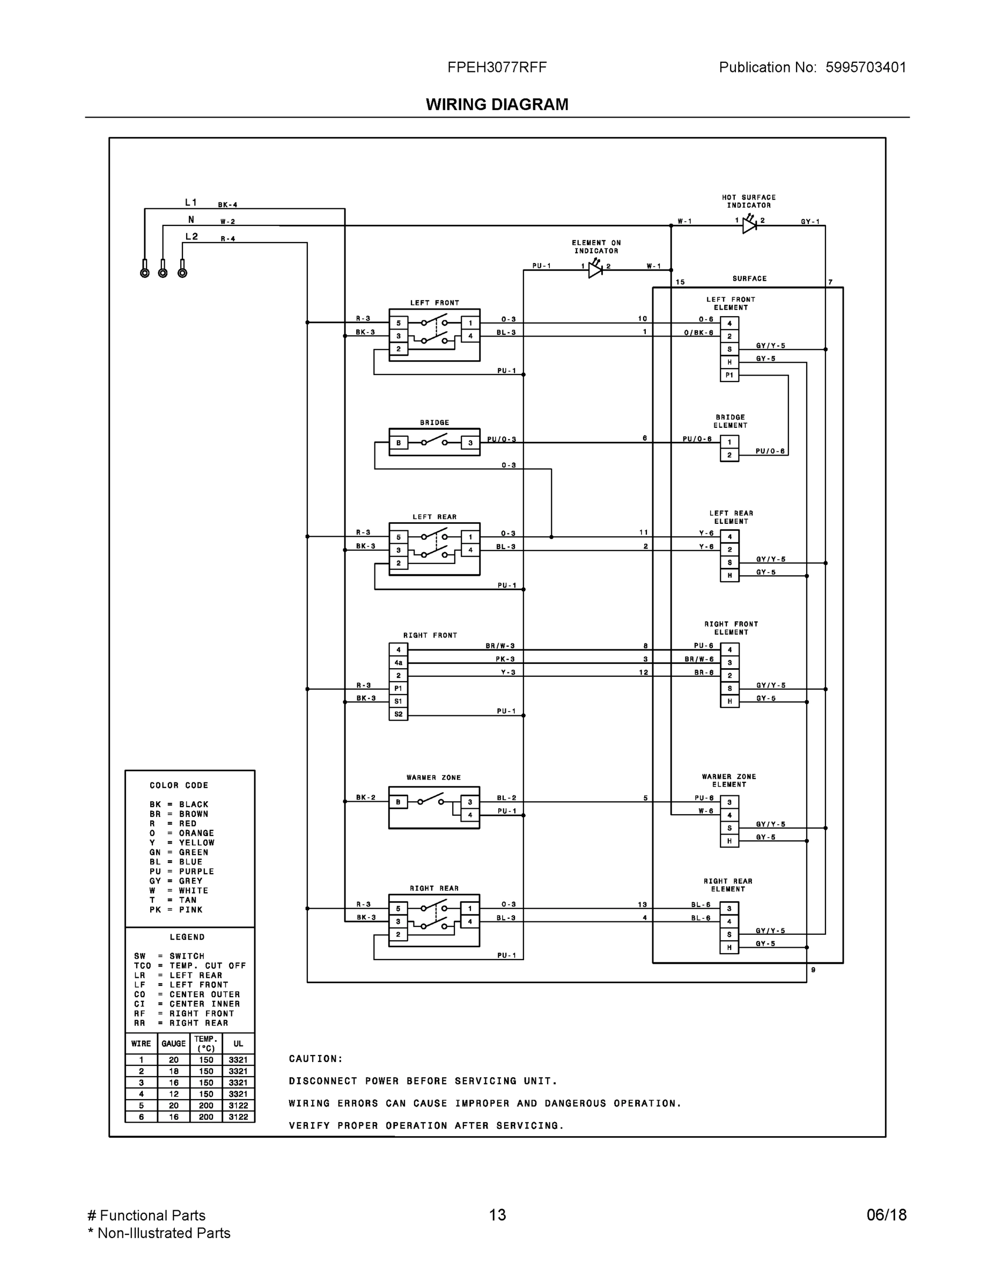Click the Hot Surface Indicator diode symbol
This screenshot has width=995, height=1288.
click(x=749, y=225)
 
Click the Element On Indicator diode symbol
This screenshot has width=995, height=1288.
click(x=595, y=270)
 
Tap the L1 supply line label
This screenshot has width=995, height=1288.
click(x=191, y=202)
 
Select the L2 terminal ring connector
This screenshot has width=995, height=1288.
click(x=182, y=273)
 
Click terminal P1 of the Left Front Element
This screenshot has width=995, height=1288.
click(x=729, y=375)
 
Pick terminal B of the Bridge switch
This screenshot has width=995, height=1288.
click(x=399, y=443)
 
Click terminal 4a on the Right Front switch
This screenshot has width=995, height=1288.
click(x=399, y=663)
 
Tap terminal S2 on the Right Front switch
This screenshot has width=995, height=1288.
click(x=399, y=714)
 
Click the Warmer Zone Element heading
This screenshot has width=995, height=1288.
click(x=728, y=780)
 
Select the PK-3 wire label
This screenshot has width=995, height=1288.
click(x=505, y=658)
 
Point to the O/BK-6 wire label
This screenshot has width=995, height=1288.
click(x=698, y=333)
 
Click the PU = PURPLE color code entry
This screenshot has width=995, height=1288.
click(x=181, y=871)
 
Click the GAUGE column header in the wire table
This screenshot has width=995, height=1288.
click(x=173, y=1043)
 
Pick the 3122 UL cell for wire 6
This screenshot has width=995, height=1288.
click(x=238, y=1116)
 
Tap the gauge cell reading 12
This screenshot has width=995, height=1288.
click(x=173, y=1093)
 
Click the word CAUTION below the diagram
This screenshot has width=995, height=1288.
click(x=315, y=1059)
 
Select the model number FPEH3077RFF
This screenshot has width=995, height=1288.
click(x=497, y=67)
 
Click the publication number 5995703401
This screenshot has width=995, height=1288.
click(x=865, y=67)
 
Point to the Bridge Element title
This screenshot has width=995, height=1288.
click(x=729, y=421)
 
